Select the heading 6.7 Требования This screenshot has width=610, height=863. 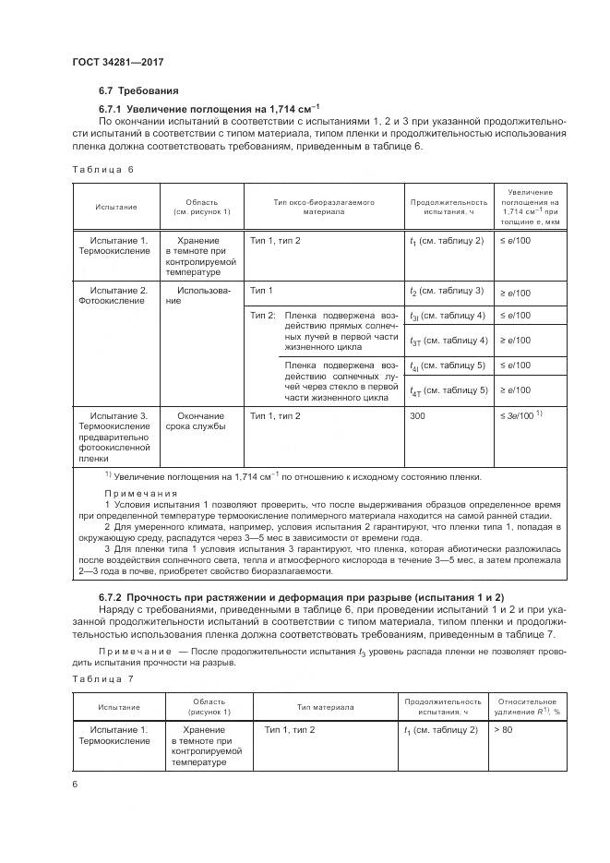(x=138, y=90)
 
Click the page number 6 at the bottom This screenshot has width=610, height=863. (x=76, y=784)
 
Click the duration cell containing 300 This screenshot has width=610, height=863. (x=419, y=416)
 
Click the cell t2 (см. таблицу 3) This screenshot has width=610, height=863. (x=447, y=292)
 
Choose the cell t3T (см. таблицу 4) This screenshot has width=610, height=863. (x=448, y=341)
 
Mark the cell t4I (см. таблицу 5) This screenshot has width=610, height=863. (x=448, y=366)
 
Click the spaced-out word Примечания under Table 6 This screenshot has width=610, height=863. (x=139, y=493)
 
